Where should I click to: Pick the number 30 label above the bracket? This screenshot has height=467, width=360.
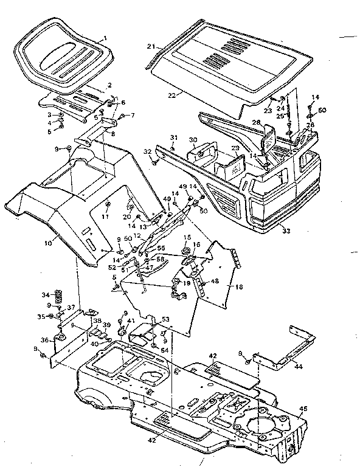pyautogui.click(x=193, y=140)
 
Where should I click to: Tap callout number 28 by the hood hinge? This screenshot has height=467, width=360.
pyautogui.click(x=257, y=123)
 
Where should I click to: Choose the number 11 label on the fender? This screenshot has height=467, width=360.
pyautogui.click(x=105, y=216)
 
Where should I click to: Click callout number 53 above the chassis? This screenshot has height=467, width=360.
pyautogui.click(x=165, y=319)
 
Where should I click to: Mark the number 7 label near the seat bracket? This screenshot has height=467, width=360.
pyautogui.click(x=132, y=115)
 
